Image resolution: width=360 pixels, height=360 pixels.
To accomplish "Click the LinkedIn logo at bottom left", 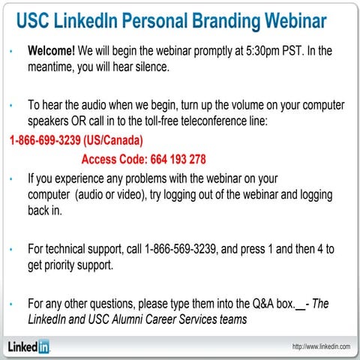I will click(x=29, y=346).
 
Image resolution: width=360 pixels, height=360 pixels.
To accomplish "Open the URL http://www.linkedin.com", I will click(x=322, y=346).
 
